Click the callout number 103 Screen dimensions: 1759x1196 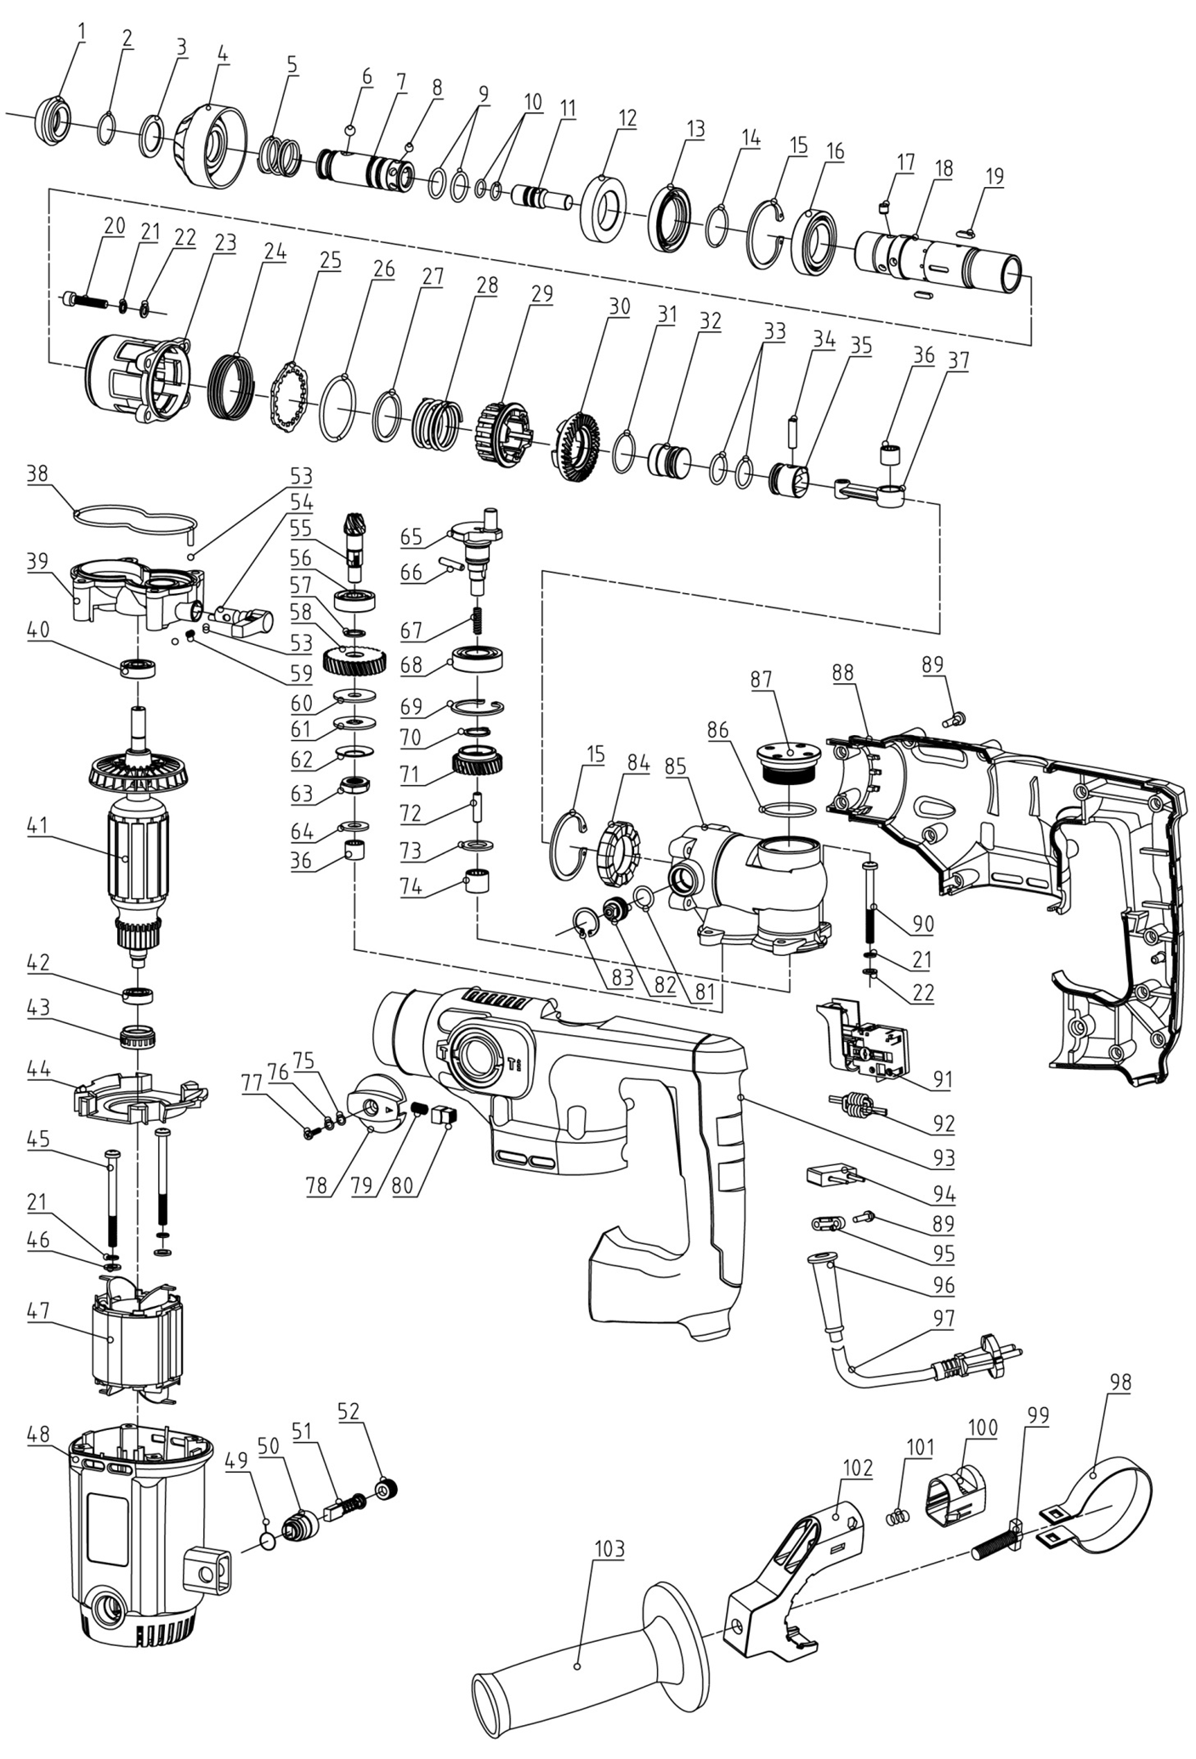pos(609,1549)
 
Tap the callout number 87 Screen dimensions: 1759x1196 pos(762,680)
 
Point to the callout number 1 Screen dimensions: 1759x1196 pos(82,31)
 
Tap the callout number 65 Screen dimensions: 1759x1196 pos(411,538)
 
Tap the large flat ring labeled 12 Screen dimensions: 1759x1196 pos(605,206)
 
